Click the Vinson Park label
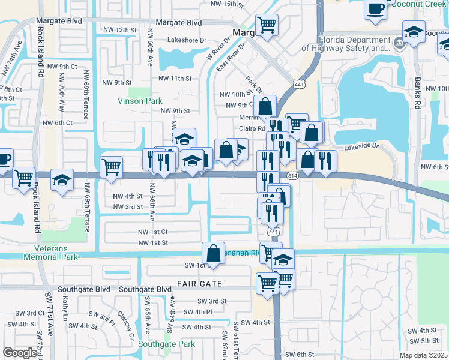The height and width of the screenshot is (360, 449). click(x=139, y=101)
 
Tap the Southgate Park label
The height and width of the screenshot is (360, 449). click(x=166, y=344)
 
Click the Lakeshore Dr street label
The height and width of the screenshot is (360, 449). click(x=187, y=40)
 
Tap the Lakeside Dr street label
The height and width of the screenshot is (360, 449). click(x=362, y=145)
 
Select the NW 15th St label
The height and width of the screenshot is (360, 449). click(x=228, y=4)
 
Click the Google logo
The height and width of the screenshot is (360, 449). click(x=20, y=353)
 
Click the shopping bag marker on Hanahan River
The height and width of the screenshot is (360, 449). click(x=213, y=253)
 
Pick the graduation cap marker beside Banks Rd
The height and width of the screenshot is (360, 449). click(x=414, y=32)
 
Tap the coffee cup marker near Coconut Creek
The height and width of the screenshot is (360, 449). click(x=376, y=9)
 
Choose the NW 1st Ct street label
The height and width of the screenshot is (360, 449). click(x=152, y=231)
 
